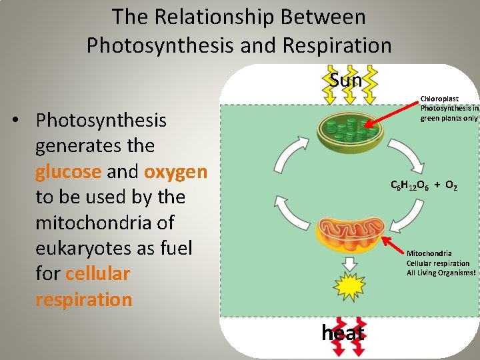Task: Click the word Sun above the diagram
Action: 345,81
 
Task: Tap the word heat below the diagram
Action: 343,333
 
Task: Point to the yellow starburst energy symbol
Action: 344,289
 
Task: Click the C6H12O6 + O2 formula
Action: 423,186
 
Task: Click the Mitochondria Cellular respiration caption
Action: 441,263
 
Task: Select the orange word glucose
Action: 68,171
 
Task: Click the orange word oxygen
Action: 176,171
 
